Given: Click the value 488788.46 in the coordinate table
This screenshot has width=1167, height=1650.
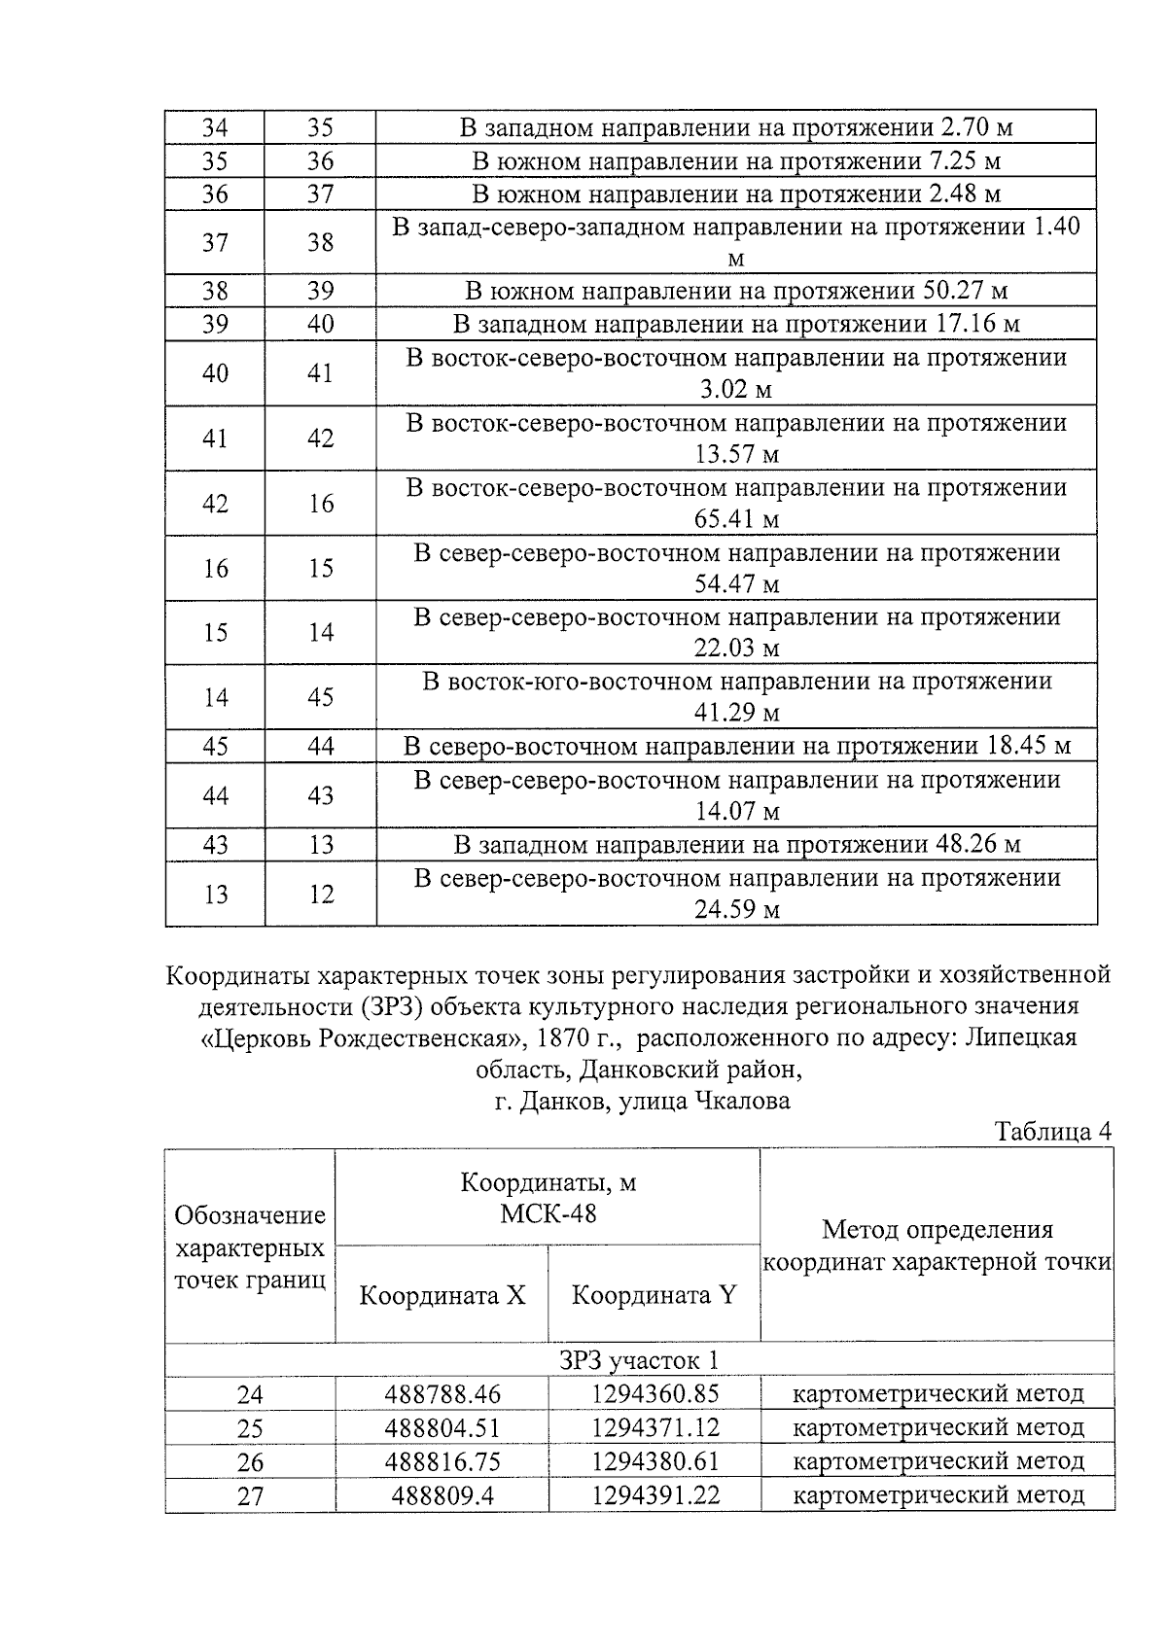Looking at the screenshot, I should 442,1394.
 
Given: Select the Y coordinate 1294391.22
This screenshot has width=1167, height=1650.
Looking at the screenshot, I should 655,1494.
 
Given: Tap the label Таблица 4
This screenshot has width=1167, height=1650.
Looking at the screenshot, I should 1052,1132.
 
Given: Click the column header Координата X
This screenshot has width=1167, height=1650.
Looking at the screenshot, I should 442,1295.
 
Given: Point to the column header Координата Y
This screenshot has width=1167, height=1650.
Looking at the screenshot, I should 654,1295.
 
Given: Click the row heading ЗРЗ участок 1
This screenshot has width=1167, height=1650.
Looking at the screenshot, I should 639,1360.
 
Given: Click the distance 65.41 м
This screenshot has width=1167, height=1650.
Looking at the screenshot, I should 736,519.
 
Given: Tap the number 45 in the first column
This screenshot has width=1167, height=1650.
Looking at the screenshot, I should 215,747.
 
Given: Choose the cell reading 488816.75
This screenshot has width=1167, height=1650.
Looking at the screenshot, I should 442,1461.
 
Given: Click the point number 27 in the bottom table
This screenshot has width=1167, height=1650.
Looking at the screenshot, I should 250,1495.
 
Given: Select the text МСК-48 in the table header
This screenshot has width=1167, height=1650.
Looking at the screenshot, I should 548,1213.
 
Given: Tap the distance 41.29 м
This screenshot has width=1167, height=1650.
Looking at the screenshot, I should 736,714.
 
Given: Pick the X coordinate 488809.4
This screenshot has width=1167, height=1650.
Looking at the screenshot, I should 442,1494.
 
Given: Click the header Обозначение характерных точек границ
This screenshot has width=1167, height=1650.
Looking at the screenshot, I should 250,1247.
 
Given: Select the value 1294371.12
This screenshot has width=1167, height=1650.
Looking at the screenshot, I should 655,1428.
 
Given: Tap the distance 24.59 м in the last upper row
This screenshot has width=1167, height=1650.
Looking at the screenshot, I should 736,910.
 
